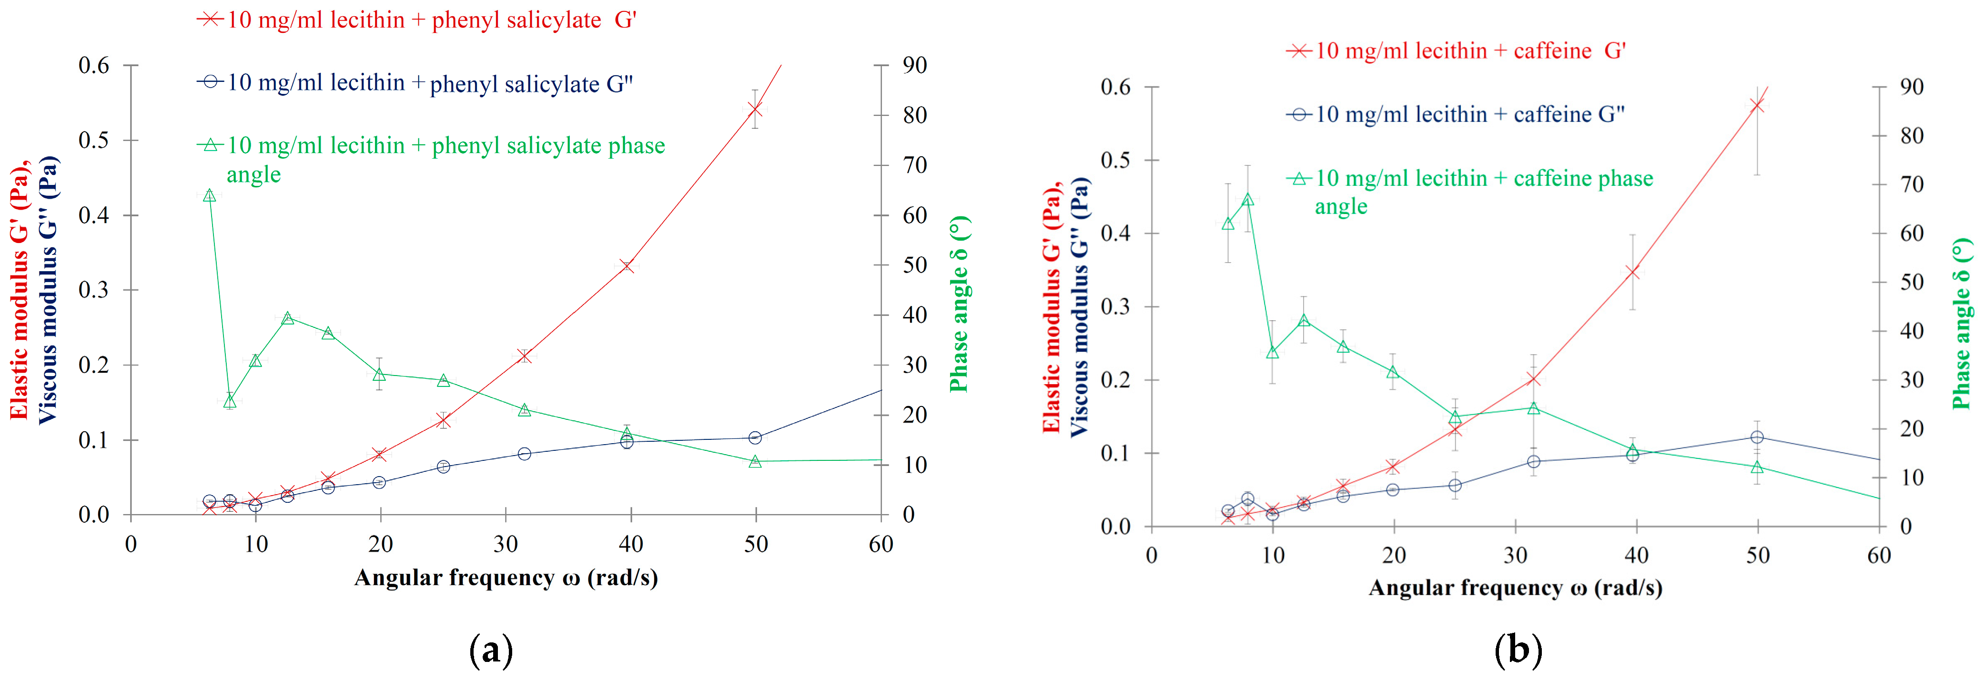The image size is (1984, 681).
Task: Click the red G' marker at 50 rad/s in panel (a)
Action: tap(755, 110)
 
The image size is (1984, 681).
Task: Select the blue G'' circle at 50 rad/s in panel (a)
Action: tap(755, 437)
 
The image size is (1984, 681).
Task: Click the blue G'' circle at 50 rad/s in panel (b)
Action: tap(1757, 437)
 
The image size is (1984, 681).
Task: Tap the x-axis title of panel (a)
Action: tap(506, 578)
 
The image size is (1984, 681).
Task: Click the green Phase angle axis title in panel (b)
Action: tap(1961, 324)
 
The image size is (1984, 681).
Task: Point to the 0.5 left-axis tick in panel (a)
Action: tap(94, 140)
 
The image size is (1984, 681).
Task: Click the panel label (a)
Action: tap(491, 651)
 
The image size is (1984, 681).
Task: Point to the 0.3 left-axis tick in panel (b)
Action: tap(1115, 306)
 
